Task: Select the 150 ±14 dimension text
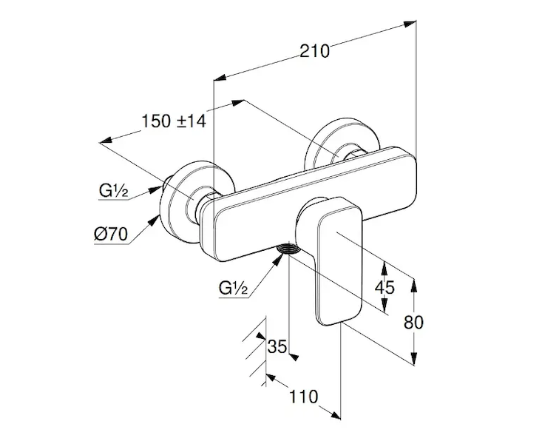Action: click(x=173, y=121)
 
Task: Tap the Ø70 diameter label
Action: click(x=112, y=235)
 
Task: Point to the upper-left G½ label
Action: click(x=115, y=192)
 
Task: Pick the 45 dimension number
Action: click(x=384, y=287)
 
